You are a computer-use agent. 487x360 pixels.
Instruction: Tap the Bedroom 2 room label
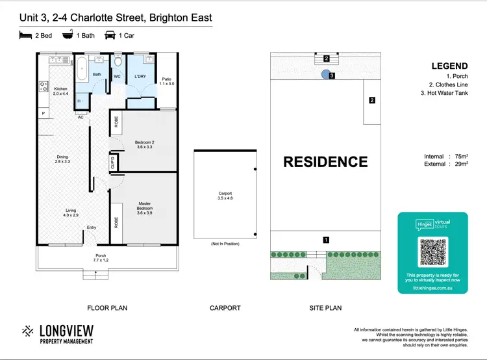(144, 144)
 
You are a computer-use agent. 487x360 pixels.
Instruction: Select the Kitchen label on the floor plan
(60, 92)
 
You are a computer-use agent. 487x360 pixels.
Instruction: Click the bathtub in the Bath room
(82, 69)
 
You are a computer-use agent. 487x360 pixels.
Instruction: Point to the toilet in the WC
(118, 63)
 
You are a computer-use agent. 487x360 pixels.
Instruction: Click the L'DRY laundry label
(140, 77)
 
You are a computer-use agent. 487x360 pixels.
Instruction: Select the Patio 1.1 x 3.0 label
(166, 81)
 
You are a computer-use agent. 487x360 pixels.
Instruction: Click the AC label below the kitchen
(81, 118)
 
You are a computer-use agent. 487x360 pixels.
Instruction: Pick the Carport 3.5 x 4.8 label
(225, 196)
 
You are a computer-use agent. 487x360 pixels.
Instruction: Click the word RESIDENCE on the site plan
(325, 162)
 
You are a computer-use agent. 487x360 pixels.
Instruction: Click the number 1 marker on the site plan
(326, 240)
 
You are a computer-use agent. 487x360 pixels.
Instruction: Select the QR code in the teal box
(432, 253)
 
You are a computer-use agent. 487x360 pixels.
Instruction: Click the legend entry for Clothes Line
(449, 84)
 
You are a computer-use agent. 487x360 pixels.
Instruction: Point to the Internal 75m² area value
(460, 157)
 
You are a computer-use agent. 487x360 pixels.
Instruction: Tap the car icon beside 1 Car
(110, 35)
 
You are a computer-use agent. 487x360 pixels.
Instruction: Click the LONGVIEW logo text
(66, 330)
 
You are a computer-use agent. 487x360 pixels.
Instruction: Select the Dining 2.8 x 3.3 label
(62, 159)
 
